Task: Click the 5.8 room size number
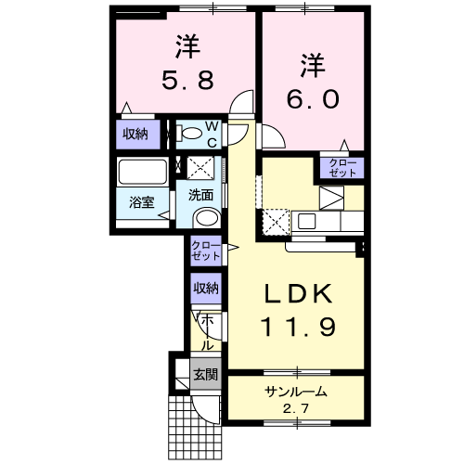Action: pos(187,80)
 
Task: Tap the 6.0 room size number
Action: pos(313,98)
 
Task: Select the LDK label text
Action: pos(299,294)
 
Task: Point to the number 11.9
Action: pos(299,328)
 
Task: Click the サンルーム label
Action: pos(296,392)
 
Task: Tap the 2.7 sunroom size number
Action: pos(296,409)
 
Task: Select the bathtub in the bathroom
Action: pos(143,172)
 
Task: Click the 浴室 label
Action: pos(142,202)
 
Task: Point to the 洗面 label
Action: pos(201,195)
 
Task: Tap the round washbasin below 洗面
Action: pos(207,219)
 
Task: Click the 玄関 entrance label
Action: pos(206,374)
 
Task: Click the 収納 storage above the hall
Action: pos(206,289)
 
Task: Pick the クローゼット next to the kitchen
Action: pos(342,168)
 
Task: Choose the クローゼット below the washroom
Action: pos(206,251)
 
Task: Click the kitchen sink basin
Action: pos(306,221)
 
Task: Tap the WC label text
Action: pos(213,135)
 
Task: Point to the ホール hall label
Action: pos(207,332)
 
